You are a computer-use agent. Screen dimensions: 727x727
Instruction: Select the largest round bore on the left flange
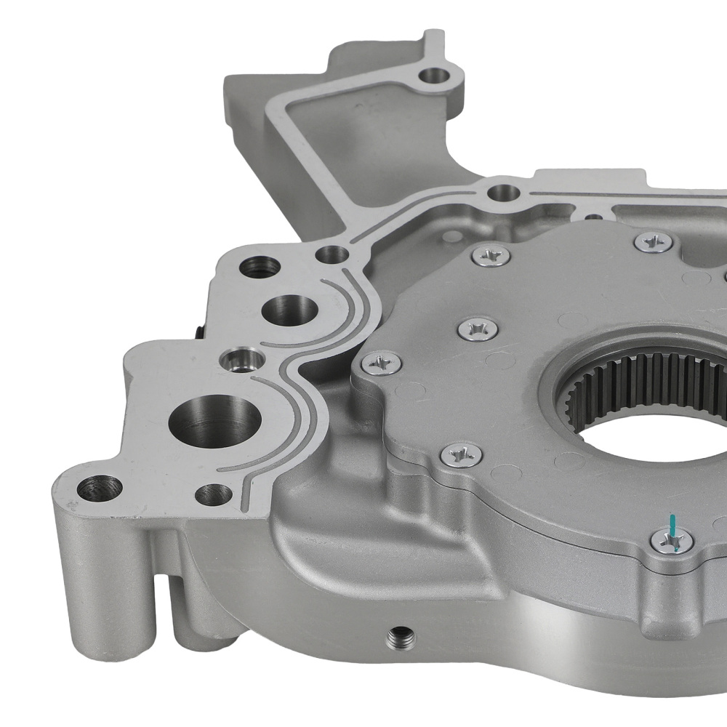214,419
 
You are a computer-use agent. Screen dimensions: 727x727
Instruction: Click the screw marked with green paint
671,540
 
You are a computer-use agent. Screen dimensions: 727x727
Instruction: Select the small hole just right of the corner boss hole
214,494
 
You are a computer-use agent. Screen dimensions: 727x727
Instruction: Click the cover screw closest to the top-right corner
652,242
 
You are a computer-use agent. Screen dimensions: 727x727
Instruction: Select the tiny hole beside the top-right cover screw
594,216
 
